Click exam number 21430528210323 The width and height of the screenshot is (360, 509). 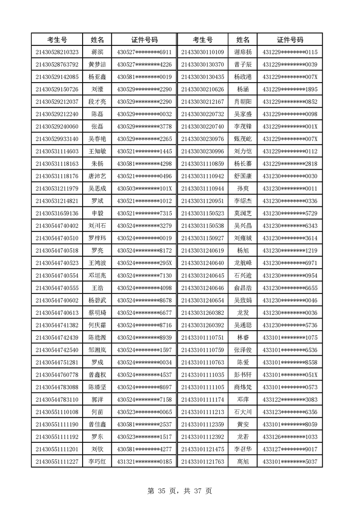click(57, 52)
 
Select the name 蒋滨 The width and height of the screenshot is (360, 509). click(98, 52)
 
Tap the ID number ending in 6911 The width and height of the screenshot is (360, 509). click(144, 52)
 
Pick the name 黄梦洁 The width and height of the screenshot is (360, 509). click(98, 64)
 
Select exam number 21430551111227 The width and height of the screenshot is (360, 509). click(57, 461)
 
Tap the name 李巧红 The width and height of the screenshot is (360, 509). click(98, 461)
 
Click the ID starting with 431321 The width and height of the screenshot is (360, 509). click(144, 461)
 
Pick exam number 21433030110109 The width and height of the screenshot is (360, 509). click(202, 52)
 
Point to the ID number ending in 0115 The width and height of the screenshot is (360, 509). click(290, 52)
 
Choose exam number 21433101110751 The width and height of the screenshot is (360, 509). click(202, 338)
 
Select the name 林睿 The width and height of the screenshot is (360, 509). click(243, 338)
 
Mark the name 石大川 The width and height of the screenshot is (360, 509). click(243, 412)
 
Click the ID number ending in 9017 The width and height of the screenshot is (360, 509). click(290, 449)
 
